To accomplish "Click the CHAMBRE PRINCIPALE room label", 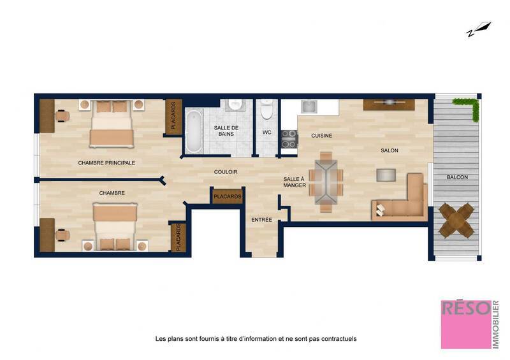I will click(106, 163).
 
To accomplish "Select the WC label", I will click(267, 133).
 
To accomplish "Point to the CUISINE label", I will click(321, 136).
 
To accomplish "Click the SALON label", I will click(389, 150).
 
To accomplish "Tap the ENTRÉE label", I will click(261, 220).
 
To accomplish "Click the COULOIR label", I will click(226, 172).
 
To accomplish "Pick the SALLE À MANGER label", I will click(295, 182).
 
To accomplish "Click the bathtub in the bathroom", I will click(193, 132).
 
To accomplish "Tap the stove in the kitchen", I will click(289, 139).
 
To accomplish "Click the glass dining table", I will click(326, 181).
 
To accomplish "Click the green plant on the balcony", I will click(469, 106).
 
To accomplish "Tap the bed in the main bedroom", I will click(112, 124).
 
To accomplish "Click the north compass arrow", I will click(478, 29).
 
